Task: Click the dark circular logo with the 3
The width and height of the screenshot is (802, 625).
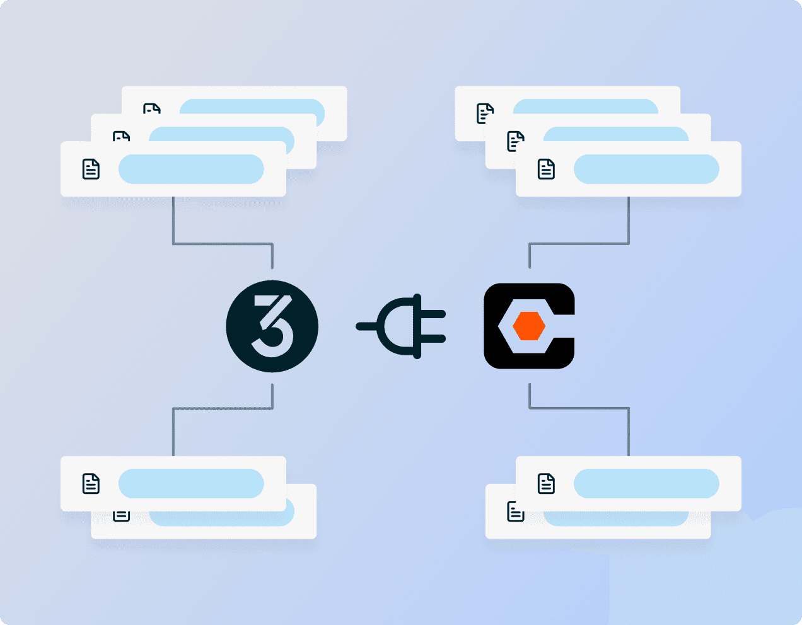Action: (x=272, y=326)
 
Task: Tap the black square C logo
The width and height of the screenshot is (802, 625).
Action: (x=529, y=326)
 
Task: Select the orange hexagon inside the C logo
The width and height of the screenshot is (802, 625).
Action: (x=528, y=326)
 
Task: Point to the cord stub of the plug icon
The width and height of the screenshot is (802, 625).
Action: (x=366, y=326)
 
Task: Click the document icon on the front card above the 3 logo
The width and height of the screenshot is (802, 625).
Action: (x=91, y=169)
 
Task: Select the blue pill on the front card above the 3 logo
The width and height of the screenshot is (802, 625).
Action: (x=191, y=169)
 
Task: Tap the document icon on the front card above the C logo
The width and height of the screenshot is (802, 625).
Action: (x=546, y=169)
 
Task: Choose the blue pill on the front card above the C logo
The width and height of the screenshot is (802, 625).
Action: (x=646, y=169)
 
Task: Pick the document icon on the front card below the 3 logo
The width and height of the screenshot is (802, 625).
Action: (x=91, y=483)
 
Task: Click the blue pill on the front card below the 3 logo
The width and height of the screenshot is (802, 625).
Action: (x=191, y=483)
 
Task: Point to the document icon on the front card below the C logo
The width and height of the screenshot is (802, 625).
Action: (x=546, y=483)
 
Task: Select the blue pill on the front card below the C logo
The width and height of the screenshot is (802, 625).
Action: (x=646, y=483)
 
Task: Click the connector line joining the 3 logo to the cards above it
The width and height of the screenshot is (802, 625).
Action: (x=223, y=243)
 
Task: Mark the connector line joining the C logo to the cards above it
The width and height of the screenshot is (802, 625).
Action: (x=579, y=243)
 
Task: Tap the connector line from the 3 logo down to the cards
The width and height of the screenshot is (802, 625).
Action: (x=223, y=408)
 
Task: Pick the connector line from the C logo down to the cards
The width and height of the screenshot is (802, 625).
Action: (x=579, y=408)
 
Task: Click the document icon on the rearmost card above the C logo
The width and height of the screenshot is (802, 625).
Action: (x=485, y=113)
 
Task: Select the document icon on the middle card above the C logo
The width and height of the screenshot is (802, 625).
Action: (x=516, y=141)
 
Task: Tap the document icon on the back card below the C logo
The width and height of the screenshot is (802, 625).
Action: (x=516, y=511)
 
